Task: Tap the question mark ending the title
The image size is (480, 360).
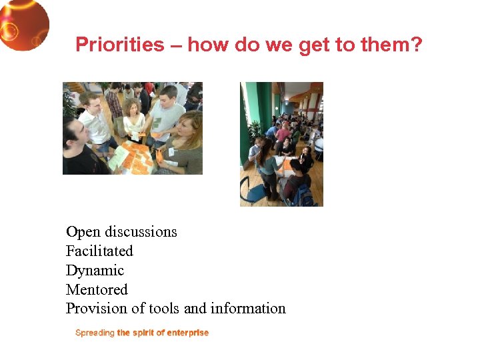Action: (x=417, y=45)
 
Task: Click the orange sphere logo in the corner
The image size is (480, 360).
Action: (x=23, y=24)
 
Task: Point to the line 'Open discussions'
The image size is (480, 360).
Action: (x=121, y=232)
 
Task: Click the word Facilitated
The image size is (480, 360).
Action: (x=99, y=251)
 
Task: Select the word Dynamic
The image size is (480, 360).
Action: (x=95, y=271)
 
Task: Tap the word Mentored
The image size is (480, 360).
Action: (x=97, y=290)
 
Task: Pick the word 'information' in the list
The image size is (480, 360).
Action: (x=248, y=309)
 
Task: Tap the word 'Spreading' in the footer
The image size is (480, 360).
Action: (x=95, y=333)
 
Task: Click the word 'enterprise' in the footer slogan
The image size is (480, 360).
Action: (x=187, y=333)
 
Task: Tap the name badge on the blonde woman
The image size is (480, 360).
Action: (x=171, y=151)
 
